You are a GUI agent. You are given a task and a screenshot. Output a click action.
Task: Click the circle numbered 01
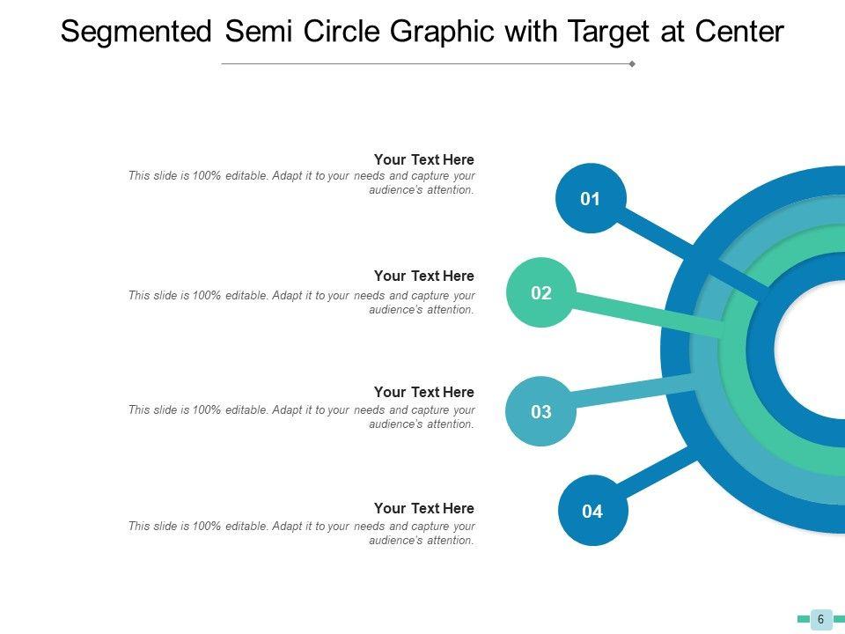(590, 199)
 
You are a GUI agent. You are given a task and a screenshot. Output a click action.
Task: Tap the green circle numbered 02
(541, 293)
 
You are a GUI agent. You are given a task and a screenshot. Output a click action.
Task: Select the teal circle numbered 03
(541, 411)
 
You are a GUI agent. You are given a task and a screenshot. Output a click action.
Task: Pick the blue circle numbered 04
(593, 511)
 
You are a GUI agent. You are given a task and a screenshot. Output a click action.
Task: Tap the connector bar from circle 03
(634, 394)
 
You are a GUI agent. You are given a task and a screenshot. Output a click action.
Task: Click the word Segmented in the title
(136, 33)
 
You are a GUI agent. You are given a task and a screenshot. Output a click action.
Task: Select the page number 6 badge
(821, 619)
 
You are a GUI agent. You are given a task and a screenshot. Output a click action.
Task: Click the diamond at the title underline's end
(632, 64)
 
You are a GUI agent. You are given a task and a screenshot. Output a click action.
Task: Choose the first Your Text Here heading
(423, 160)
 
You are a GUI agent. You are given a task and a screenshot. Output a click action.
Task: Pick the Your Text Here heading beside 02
(423, 276)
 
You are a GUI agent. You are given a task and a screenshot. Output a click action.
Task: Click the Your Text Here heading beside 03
(423, 393)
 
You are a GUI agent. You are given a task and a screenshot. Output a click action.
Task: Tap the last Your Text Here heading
(423, 509)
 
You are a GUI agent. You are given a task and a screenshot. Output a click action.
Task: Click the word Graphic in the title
(437, 33)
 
